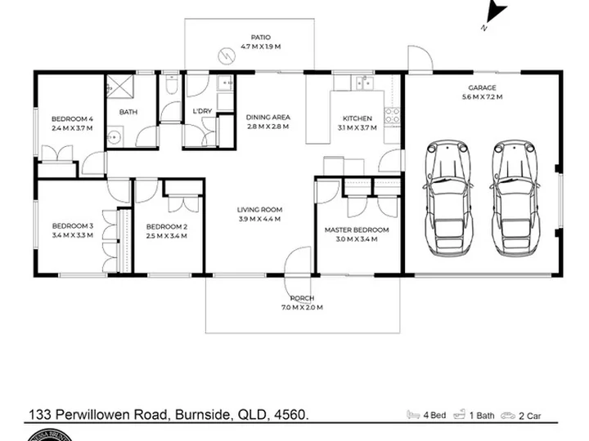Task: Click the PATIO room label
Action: pos(261,37)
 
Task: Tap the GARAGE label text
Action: pos(482,87)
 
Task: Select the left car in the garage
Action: pos(447,198)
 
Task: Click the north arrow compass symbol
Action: pos(497,11)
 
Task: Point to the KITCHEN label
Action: pos(357,118)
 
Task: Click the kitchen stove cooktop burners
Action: pos(392,115)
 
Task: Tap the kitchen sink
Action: pos(363,83)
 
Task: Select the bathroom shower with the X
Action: pos(119,87)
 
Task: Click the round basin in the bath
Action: pos(115,138)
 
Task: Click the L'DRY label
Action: pos(202,111)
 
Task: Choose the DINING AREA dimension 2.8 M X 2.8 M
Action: pos(268,127)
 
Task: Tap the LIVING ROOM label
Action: pos(259,210)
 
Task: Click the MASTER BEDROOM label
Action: pos(357,229)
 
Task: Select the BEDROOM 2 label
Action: pos(166,227)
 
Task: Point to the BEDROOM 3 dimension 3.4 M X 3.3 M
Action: pos(73,235)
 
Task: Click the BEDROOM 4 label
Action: pos(72,119)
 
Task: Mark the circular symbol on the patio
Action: pos(227,56)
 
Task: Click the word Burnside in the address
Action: pos(203,415)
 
